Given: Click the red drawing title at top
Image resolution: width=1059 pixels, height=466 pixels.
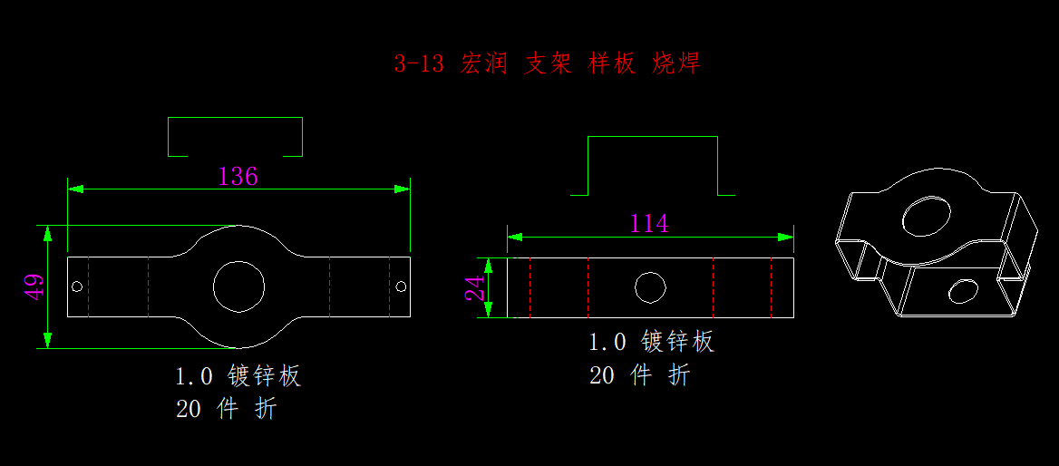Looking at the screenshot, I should point(547,63).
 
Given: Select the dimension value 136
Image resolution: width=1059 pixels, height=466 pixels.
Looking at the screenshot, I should point(238,176).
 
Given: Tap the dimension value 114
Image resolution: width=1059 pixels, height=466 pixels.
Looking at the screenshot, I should point(649,223).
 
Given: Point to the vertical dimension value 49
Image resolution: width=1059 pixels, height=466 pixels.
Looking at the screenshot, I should point(33,286).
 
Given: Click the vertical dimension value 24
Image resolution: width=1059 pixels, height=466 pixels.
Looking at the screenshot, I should point(474,288).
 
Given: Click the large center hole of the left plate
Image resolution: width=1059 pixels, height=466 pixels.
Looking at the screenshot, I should point(238,286).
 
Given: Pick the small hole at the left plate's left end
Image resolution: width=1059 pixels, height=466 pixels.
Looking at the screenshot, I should point(77,286).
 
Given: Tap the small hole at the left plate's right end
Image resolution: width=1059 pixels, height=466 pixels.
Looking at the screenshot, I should point(401,286).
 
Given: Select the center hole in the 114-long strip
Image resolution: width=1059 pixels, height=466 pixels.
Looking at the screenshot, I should point(650,287).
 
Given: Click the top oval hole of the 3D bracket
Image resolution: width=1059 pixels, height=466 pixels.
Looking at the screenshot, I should point(926,216).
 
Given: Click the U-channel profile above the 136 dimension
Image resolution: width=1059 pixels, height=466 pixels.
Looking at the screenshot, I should point(235,137).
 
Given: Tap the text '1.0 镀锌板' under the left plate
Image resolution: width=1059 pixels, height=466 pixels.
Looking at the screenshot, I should point(238,376).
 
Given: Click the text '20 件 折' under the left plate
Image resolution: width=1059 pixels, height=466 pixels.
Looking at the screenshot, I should point(226,409).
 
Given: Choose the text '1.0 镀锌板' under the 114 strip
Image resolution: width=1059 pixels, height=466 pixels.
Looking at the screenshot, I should point(651,342).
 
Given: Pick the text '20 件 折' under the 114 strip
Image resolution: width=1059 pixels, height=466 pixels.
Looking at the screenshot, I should point(639,375).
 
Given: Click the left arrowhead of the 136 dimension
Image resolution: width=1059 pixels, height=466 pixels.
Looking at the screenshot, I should point(75,189).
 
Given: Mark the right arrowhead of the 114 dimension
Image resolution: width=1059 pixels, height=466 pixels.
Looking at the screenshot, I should point(786,237).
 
